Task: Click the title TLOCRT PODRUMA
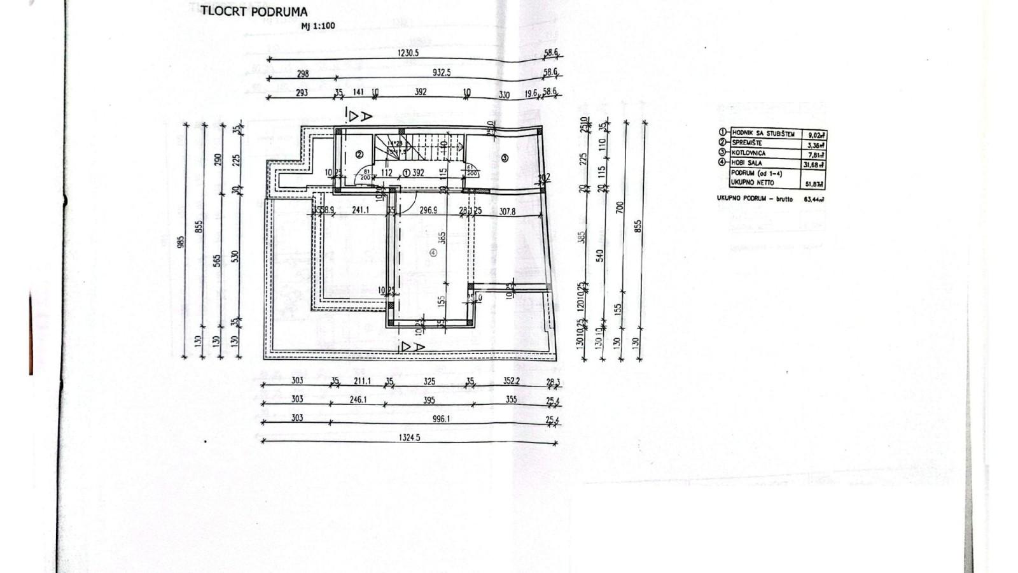click(x=254, y=11)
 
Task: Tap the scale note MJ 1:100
click(x=318, y=26)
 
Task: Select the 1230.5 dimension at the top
click(x=408, y=53)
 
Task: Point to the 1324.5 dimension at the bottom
click(x=410, y=437)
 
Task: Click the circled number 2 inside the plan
click(x=359, y=154)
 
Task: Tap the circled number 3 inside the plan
click(x=505, y=157)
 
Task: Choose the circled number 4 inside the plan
click(x=433, y=252)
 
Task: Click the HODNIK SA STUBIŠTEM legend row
click(x=763, y=134)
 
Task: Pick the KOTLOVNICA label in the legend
click(x=749, y=153)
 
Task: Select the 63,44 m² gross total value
click(x=814, y=199)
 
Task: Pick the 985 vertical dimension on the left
click(x=181, y=241)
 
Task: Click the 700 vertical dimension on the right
click(x=620, y=207)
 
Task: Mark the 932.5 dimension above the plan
click(x=441, y=73)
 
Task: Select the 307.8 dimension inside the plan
click(x=507, y=211)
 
